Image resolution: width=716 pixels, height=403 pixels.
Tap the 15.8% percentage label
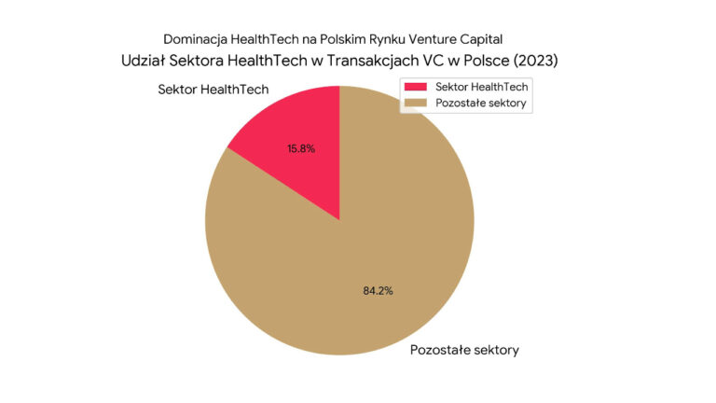(300, 148)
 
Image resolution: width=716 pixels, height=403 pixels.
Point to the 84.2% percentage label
(378, 290)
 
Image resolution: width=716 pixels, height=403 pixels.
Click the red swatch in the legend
(416, 87)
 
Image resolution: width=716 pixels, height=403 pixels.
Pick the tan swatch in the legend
(416, 102)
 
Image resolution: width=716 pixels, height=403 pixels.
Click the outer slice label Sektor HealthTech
(213, 90)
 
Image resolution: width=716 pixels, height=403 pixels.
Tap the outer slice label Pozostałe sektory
(464, 351)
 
